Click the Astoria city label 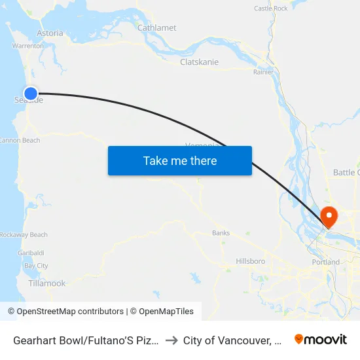pos(50,33)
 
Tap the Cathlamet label pos(156,27)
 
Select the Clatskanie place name pos(199,62)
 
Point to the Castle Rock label pos(270,9)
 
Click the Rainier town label pos(263,72)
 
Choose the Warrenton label pos(27,46)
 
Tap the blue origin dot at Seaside pos(30,94)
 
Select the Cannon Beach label pos(20,140)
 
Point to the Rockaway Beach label pos(24,235)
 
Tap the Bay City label pos(36,266)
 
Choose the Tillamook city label pos(47,283)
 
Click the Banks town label pos(221,233)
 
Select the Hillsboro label pos(250,261)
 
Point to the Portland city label pos(325,262)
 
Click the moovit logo pos(321,339)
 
